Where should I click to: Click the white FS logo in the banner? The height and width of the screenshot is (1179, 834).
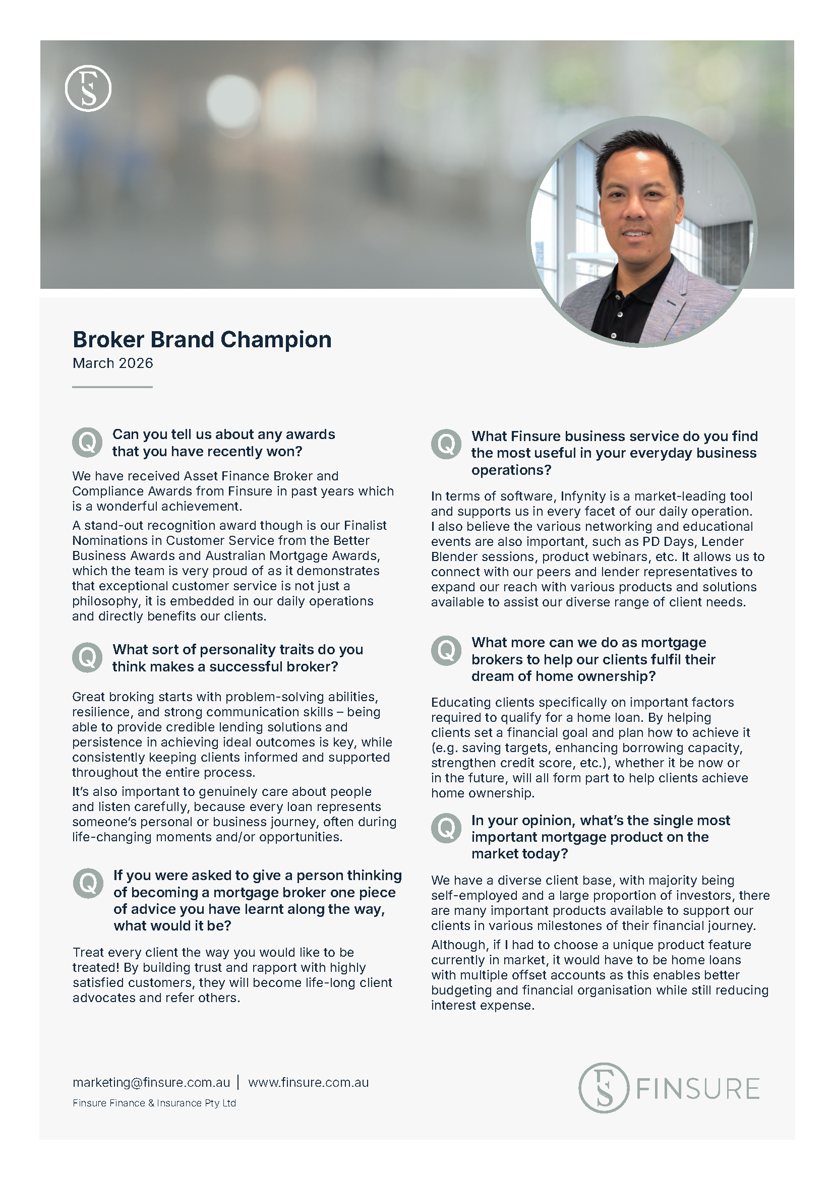(x=88, y=88)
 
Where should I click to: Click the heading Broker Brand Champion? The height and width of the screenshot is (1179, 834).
(x=202, y=340)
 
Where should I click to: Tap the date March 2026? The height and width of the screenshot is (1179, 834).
(x=112, y=363)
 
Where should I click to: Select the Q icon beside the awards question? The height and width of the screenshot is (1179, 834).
(x=87, y=442)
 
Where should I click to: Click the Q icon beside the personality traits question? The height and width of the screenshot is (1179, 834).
(x=87, y=657)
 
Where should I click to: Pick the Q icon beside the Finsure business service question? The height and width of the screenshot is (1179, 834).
(x=446, y=444)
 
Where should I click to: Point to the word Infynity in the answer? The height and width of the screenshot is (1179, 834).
(x=583, y=497)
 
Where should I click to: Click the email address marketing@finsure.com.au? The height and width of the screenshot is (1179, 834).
(x=151, y=1082)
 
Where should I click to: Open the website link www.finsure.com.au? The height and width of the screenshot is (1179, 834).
(x=308, y=1082)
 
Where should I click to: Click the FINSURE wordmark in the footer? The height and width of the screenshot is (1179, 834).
(x=698, y=1089)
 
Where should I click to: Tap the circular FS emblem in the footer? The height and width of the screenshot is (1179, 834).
(x=604, y=1088)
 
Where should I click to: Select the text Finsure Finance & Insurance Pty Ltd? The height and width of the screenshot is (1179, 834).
(x=154, y=1103)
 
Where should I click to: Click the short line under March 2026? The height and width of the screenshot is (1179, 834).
(x=112, y=387)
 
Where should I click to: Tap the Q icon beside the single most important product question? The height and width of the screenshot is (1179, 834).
(x=446, y=828)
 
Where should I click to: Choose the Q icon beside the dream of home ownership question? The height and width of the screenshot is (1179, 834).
(x=446, y=651)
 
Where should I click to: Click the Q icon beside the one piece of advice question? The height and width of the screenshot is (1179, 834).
(x=88, y=883)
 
